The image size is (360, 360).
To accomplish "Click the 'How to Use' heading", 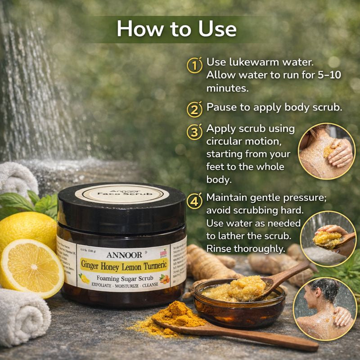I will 176,29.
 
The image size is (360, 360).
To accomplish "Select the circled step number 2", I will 194,109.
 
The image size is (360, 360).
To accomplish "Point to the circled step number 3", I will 194,132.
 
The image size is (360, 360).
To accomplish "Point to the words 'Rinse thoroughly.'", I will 246,248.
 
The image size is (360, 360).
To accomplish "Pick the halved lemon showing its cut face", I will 31,269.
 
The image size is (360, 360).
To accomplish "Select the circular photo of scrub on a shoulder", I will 327,151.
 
